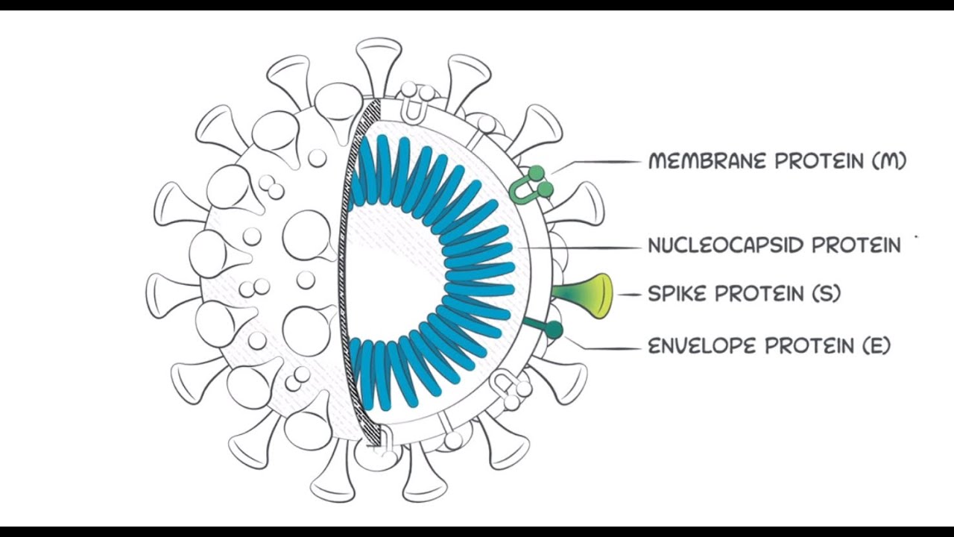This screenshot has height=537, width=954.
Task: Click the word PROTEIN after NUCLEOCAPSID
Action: pos(856,245)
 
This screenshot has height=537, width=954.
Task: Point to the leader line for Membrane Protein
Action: pos(596,161)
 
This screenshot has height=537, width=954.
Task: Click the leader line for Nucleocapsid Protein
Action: pos(581,246)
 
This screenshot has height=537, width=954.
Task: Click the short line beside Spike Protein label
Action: pos(630,295)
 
